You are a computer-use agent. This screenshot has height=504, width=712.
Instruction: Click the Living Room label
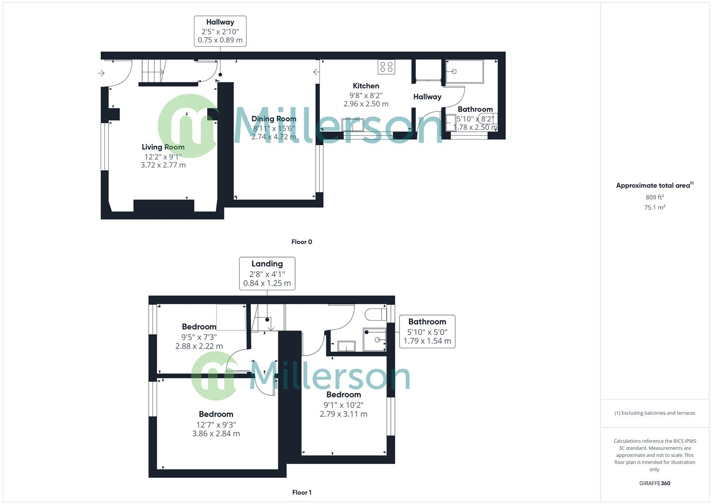(163, 147)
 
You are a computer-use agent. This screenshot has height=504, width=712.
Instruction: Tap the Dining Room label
(274, 119)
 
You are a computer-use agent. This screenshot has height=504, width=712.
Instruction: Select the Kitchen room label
(366, 86)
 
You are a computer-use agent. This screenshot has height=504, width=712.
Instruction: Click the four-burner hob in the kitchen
(387, 67)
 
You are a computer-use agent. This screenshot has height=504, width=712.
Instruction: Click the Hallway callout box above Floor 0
(220, 31)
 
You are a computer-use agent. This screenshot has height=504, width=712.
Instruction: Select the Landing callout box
(267, 273)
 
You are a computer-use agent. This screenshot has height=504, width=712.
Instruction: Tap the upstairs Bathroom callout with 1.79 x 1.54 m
(427, 331)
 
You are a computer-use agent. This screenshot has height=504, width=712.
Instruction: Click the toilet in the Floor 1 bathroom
(376, 314)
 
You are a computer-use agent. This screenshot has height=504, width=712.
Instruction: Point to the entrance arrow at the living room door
(101, 73)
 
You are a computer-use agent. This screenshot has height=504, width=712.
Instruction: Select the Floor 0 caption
(302, 242)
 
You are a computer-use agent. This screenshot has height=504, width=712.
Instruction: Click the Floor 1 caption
(302, 492)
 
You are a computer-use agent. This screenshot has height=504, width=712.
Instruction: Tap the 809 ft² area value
(655, 197)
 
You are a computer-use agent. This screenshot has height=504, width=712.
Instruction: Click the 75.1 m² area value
(655, 208)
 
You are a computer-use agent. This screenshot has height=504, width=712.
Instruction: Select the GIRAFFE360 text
(655, 483)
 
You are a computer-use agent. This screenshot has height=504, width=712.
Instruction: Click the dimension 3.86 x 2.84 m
(216, 434)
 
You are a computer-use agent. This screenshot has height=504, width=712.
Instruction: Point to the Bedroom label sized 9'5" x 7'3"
(199, 327)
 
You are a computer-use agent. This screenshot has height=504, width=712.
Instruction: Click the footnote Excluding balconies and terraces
(655, 413)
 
